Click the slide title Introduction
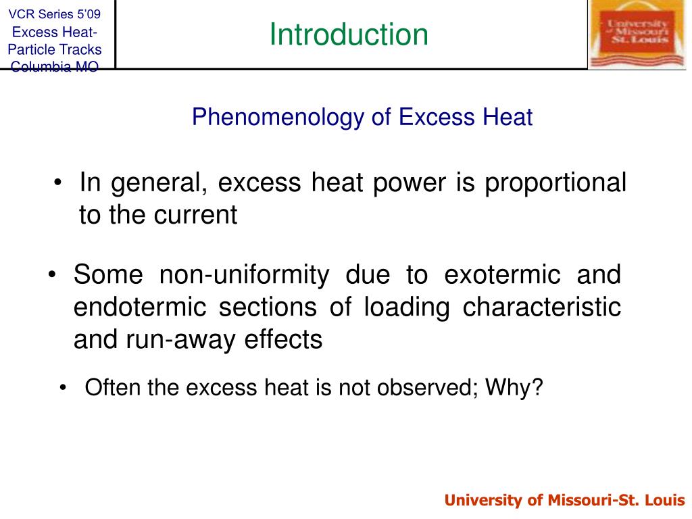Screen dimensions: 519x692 (349, 34)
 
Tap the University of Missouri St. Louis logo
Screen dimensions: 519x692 (638, 34)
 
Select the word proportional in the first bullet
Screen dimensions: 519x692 (555, 183)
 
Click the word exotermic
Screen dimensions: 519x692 (502, 275)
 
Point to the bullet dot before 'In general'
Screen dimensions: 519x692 (60, 184)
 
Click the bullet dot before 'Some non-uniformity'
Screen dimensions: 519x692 (53, 276)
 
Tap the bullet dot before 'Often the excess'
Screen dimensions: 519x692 (64, 389)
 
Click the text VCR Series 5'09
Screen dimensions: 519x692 (54, 14)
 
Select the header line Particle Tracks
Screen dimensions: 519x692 (54, 49)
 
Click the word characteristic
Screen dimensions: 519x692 (541, 307)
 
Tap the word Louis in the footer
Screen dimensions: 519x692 (668, 501)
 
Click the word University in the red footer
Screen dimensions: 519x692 (483, 501)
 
